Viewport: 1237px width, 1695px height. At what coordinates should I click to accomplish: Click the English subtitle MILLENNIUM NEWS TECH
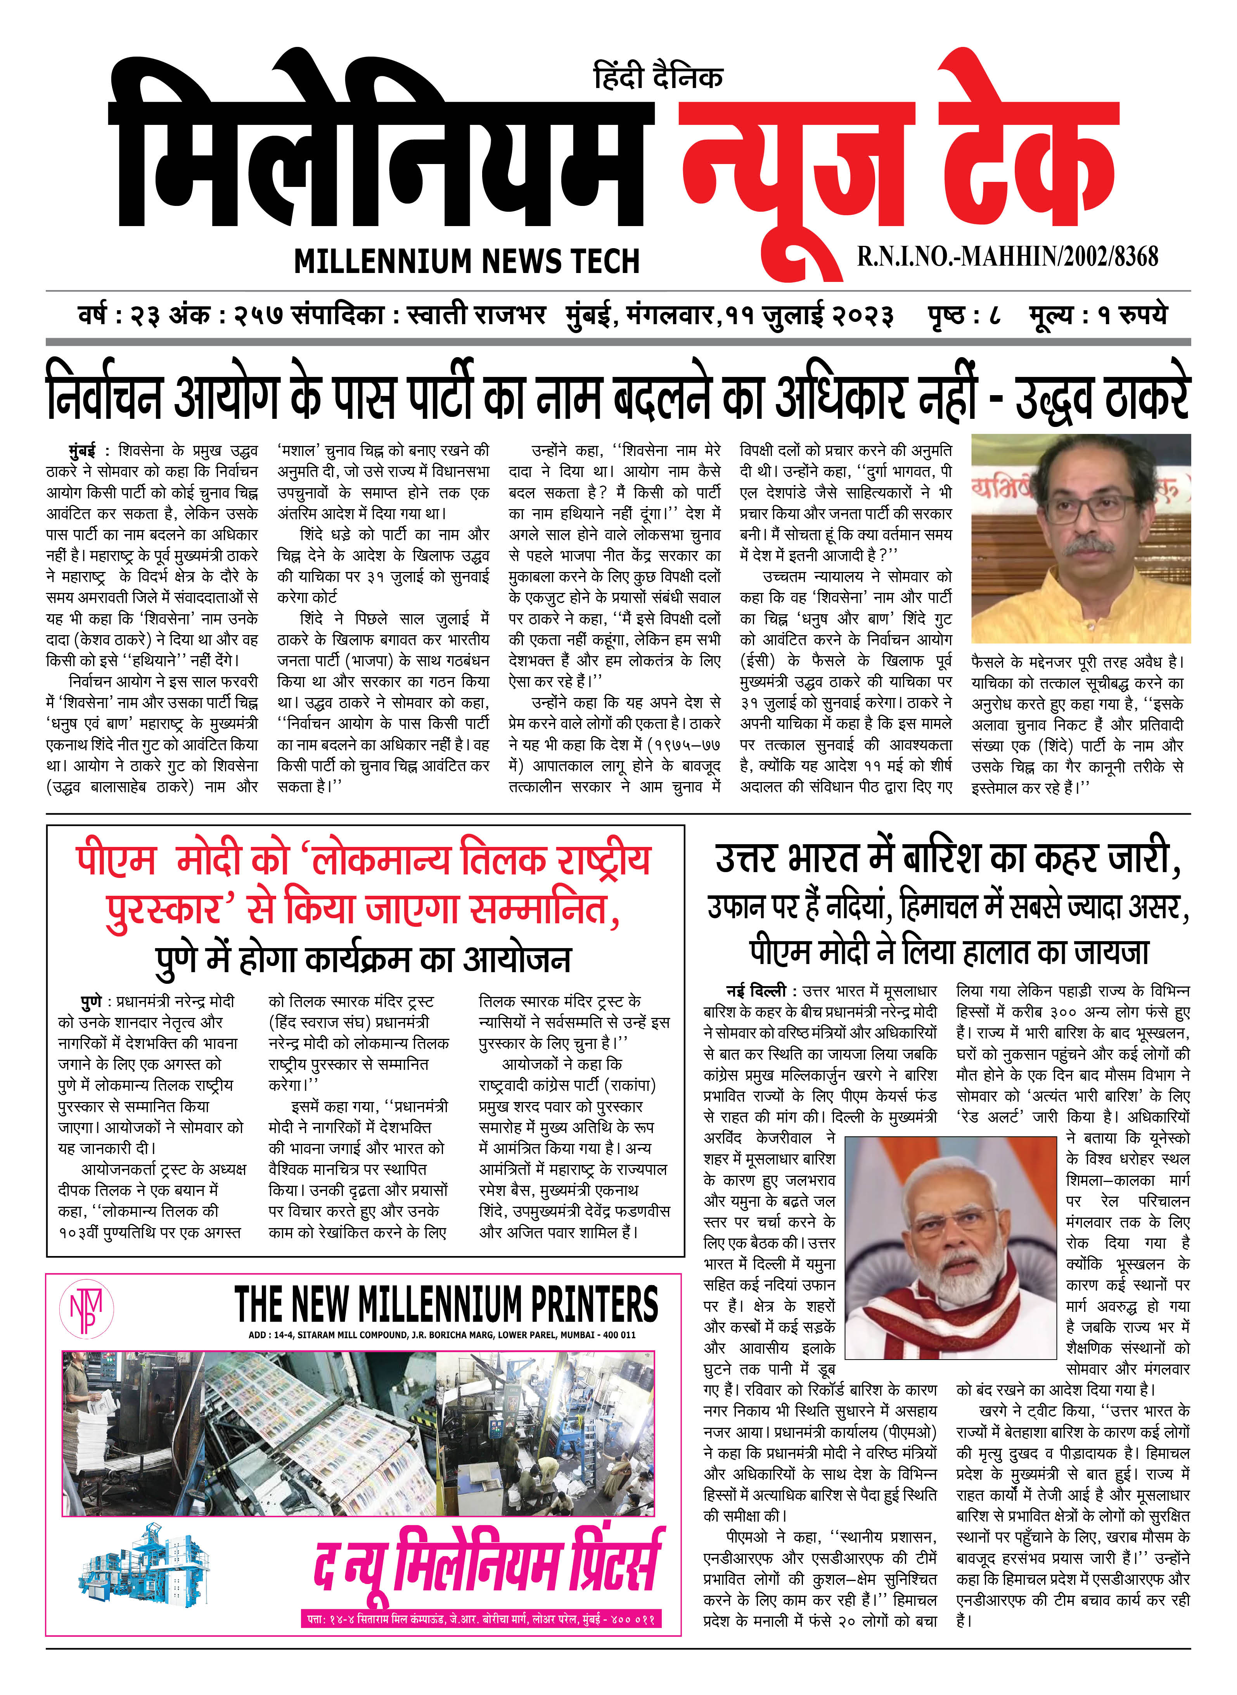(467, 261)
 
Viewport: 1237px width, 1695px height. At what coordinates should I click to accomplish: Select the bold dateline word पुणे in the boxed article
(92, 1001)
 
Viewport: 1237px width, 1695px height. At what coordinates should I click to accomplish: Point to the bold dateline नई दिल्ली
(755, 991)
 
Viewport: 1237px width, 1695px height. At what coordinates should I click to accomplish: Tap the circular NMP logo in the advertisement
(86, 1308)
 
